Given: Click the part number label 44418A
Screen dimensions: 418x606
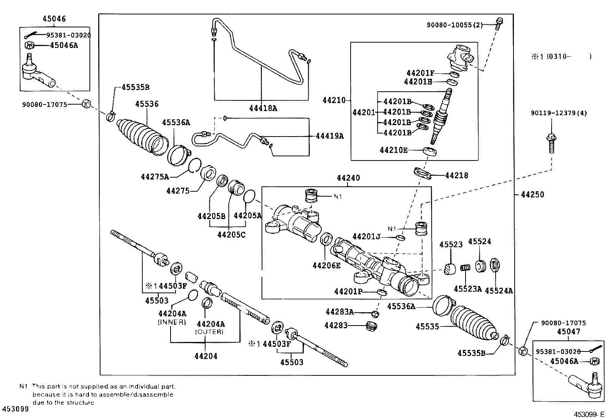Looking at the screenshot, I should click(x=263, y=108).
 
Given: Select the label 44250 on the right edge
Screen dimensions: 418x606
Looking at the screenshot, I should click(x=532, y=195).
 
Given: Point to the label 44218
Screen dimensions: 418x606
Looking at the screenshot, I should click(x=456, y=176).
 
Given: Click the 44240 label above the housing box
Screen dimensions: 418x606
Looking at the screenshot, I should click(x=348, y=178).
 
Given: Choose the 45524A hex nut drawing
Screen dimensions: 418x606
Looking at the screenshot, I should click(x=496, y=265).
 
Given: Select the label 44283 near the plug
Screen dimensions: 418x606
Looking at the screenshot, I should click(x=336, y=326).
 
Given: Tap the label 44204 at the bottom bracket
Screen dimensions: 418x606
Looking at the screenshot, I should click(x=206, y=356).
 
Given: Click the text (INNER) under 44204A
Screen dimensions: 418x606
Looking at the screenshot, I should click(x=172, y=322).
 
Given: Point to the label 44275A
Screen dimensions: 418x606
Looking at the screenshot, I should click(x=155, y=177).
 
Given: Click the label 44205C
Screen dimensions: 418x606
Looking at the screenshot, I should click(x=231, y=235).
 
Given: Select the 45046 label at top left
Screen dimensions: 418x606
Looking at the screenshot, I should click(x=54, y=19).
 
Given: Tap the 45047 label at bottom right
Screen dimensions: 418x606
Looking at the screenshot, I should click(x=568, y=332).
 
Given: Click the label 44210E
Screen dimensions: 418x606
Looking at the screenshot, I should click(x=394, y=150).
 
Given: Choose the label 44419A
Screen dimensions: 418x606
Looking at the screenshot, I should click(x=329, y=136).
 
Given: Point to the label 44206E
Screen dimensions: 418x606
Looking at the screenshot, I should click(x=326, y=265).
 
